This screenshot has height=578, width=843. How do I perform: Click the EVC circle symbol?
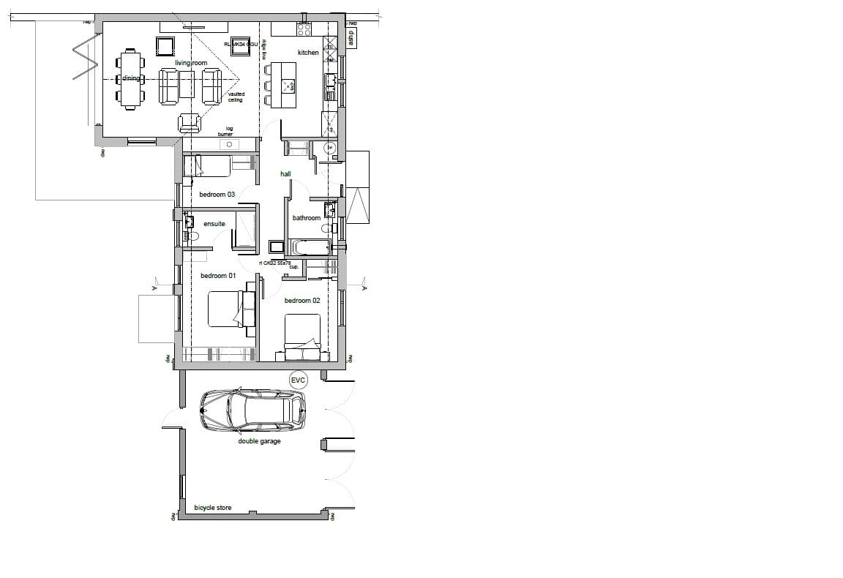[x=298, y=380]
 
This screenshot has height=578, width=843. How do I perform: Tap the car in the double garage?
[x=253, y=410]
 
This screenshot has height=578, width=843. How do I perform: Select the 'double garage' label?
[x=259, y=441]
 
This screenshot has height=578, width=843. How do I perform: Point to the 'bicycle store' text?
[x=213, y=508]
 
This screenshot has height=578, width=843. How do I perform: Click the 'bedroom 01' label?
[x=218, y=276]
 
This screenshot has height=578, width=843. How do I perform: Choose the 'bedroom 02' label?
[x=302, y=301]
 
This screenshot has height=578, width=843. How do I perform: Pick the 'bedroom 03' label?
[x=217, y=195]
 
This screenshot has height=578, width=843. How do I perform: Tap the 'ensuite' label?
[x=214, y=224]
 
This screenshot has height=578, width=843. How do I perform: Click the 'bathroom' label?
[x=307, y=218]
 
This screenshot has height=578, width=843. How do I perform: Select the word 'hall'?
[x=285, y=174]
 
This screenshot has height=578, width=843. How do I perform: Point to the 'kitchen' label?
[x=308, y=53]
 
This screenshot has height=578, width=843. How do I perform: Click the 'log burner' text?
[x=225, y=132]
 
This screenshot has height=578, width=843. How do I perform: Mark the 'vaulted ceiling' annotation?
[x=236, y=97]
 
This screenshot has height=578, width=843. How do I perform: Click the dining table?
[x=131, y=79]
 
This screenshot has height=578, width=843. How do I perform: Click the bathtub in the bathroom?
[x=309, y=247]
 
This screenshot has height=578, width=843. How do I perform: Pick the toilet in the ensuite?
[x=192, y=236]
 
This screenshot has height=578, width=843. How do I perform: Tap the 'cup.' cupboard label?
[x=294, y=267]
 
